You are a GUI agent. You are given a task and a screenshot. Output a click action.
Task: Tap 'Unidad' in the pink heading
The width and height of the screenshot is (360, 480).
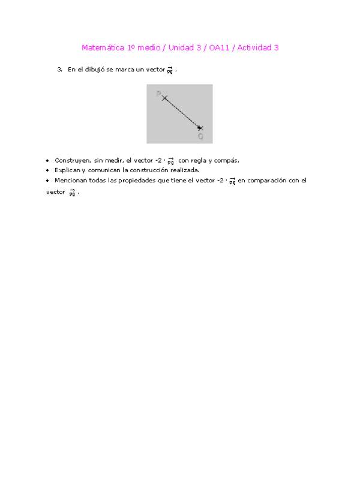[183, 48]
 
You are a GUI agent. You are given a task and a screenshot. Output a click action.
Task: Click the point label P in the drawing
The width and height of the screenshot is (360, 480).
[158, 94]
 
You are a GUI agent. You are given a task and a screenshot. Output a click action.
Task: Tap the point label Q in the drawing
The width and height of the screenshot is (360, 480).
[200, 136]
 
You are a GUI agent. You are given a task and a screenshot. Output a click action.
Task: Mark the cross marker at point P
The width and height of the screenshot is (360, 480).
[164, 97]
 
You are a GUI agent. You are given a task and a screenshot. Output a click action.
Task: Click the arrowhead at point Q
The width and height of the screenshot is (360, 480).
[200, 127]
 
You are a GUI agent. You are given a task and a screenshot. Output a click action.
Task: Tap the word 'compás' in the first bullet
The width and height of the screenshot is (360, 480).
[227, 160]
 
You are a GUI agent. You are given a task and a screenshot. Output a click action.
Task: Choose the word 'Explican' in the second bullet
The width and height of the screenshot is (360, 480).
[66, 170]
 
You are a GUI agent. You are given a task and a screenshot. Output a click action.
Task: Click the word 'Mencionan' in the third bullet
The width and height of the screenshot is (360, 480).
[70, 180]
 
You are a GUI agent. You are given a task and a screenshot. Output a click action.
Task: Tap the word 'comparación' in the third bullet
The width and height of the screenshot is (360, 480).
[267, 180]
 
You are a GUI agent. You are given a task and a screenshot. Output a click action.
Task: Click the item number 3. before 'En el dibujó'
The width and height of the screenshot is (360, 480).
[60, 70]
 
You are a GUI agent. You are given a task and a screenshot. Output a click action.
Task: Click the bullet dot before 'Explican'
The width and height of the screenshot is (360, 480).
[47, 170]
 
